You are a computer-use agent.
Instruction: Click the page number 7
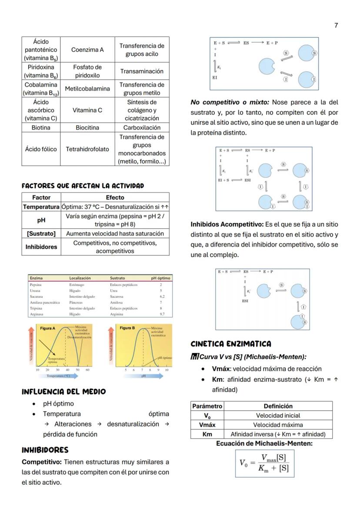click(336, 25)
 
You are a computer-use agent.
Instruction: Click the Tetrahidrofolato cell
click(87, 149)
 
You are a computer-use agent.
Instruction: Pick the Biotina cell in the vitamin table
click(41, 128)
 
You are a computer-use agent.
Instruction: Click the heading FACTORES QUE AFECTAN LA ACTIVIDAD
click(83, 186)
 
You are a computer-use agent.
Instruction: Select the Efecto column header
click(115, 197)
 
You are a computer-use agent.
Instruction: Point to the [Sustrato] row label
click(41, 233)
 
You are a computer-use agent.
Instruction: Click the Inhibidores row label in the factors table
click(41, 247)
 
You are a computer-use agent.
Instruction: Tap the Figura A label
click(47, 328)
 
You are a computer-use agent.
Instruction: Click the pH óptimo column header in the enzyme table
click(160, 278)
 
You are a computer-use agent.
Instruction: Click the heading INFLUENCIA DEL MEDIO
click(63, 392)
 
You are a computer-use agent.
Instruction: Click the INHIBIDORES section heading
click(45, 450)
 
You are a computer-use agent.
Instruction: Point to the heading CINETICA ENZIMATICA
click(230, 344)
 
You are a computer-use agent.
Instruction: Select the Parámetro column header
click(207, 406)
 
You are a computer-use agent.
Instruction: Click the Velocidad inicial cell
click(278, 416)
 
